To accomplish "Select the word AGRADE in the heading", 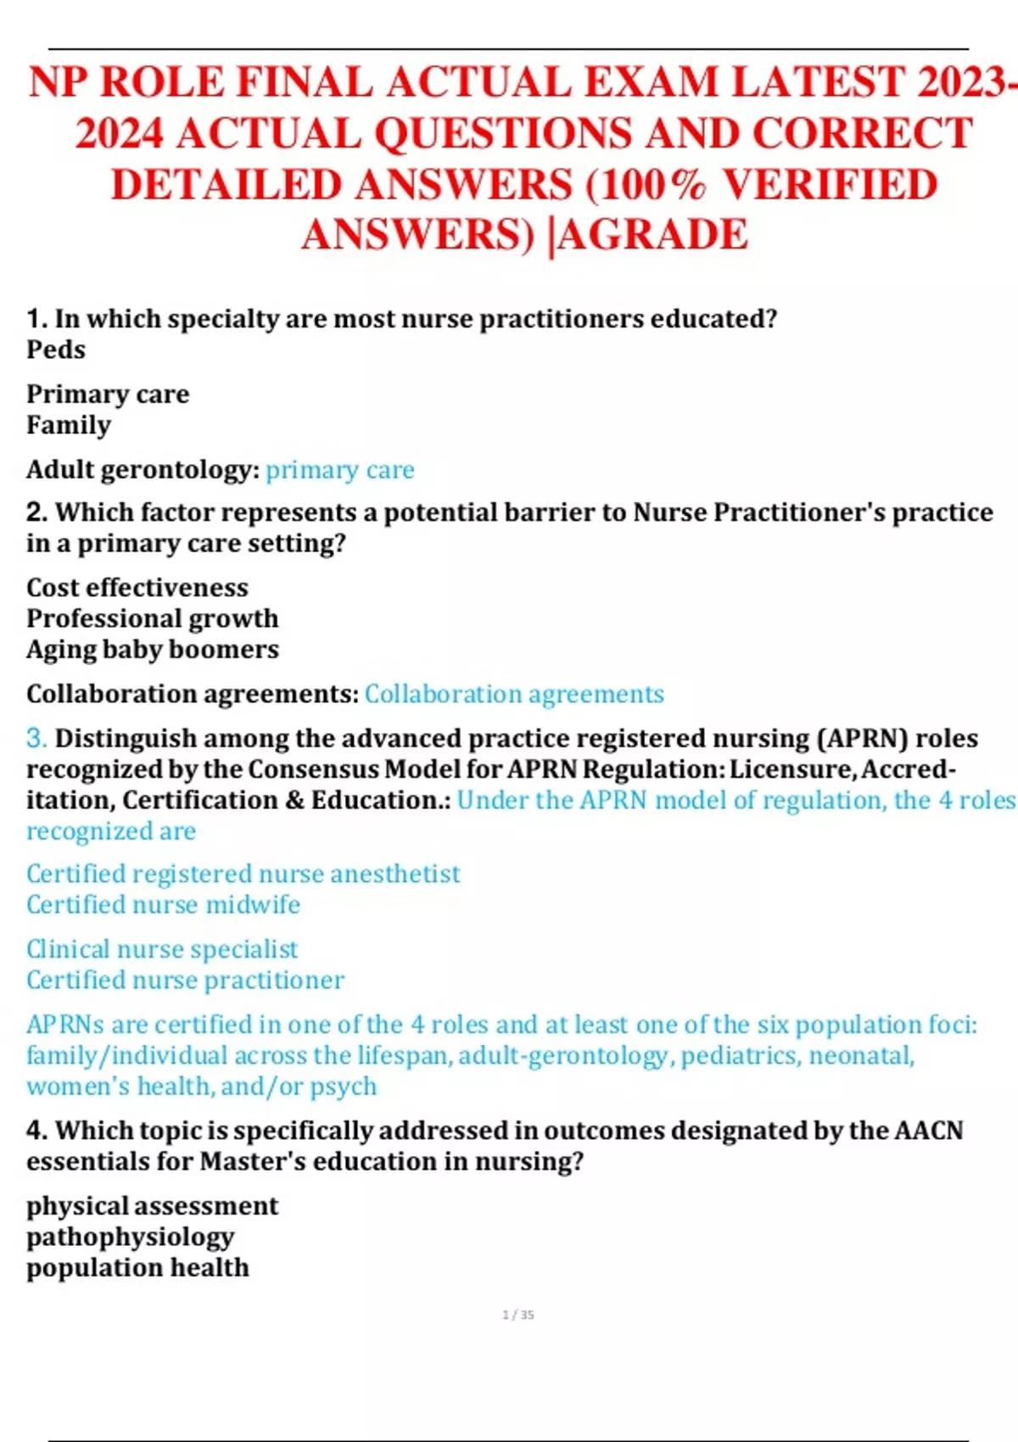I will (653, 236).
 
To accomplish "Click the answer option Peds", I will (56, 349).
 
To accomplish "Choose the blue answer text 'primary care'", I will (339, 470).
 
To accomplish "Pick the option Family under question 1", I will (69, 425).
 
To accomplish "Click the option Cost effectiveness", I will (137, 588).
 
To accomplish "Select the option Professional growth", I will (153, 618).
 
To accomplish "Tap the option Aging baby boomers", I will (153, 650).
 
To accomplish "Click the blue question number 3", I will (36, 738).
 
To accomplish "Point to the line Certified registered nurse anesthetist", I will (243, 874).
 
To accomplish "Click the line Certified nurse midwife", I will (164, 905).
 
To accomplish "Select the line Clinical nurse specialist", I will (162, 949).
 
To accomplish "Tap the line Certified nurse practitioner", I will (185, 981).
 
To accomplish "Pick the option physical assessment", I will (153, 1206).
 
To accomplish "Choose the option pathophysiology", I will (131, 1238).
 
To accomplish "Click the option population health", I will (138, 1268).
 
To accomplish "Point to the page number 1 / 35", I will (518, 1315).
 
